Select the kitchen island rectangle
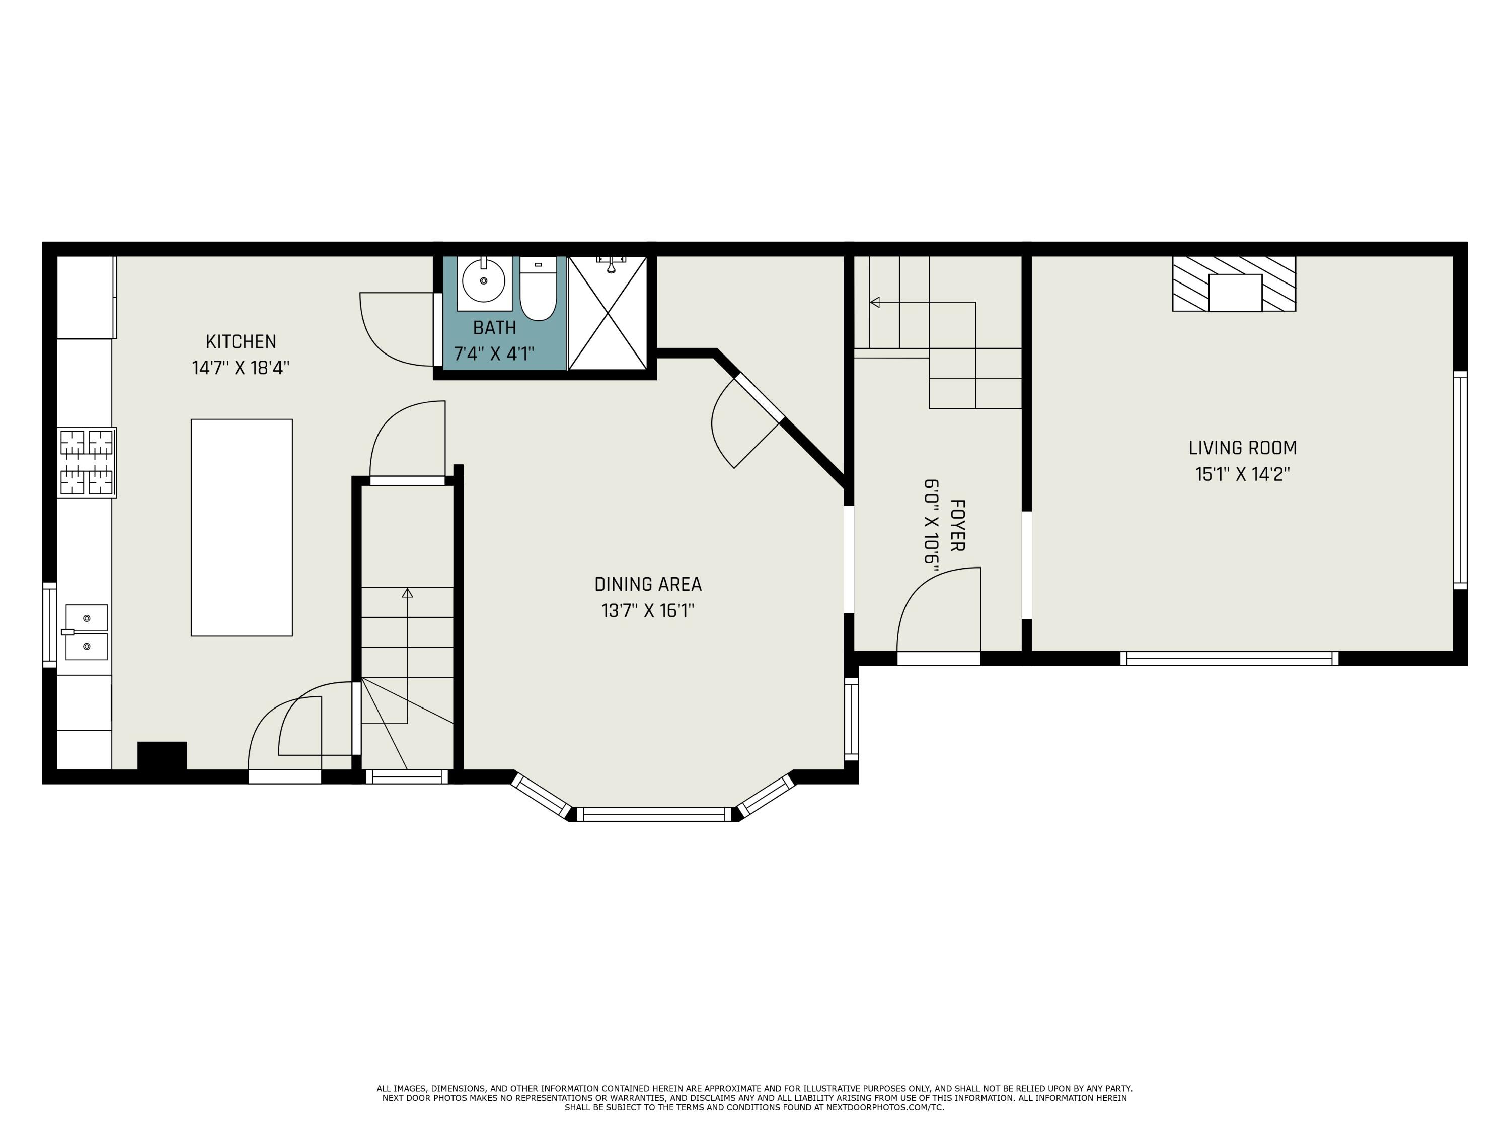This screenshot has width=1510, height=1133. [x=242, y=527]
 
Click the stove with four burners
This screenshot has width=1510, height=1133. [x=86, y=462]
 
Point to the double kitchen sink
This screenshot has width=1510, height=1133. [x=86, y=632]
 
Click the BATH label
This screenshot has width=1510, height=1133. [x=494, y=328]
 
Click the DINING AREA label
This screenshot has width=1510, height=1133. [x=647, y=584]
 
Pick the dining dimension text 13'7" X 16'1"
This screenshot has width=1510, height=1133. [x=647, y=610]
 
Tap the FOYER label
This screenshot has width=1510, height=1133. [x=957, y=525]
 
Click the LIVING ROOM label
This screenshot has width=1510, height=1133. [x=1242, y=448]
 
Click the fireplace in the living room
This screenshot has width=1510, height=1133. [x=1234, y=284]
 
